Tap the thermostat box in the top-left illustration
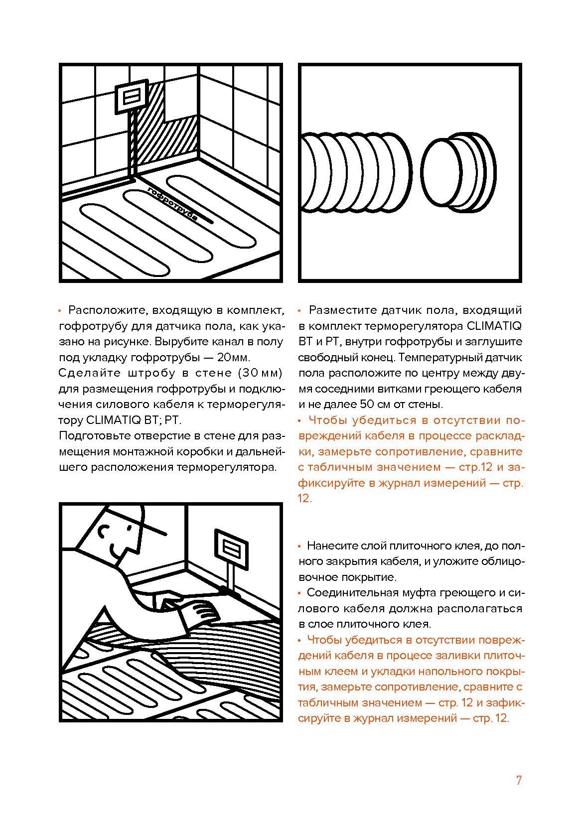click(x=133, y=95)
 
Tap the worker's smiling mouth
click(x=116, y=553)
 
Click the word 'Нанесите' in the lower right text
click(x=328, y=546)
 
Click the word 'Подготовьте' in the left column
click(x=91, y=435)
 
